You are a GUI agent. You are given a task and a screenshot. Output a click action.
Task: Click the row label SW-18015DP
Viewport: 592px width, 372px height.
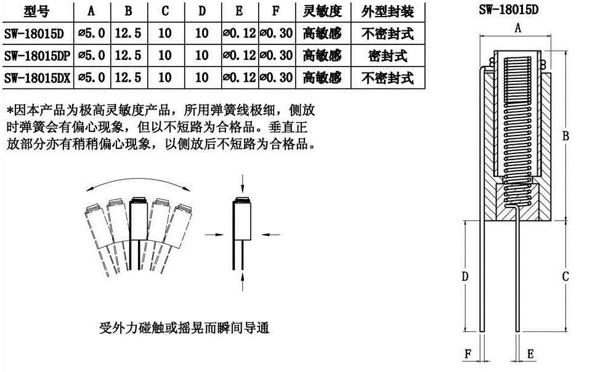38,56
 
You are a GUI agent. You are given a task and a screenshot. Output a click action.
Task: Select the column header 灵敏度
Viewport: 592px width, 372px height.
322,11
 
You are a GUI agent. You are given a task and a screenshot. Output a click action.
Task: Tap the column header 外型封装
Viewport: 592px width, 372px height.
387,11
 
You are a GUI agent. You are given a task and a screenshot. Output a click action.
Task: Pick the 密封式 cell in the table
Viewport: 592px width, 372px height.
387,56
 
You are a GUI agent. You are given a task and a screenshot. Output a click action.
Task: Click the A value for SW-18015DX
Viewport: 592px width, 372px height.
92,78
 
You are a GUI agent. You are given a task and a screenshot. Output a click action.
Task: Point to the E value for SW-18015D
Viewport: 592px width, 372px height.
240,33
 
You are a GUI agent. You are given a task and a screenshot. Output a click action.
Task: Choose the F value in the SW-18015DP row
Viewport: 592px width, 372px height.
277,55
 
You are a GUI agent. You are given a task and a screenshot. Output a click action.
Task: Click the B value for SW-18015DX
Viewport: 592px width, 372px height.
128,78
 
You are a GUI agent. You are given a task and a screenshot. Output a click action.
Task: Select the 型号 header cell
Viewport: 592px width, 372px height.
36,11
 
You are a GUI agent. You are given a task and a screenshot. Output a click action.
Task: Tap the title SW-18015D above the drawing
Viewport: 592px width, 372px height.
508,9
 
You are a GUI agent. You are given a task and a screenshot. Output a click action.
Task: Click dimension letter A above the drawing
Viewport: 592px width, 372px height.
518,28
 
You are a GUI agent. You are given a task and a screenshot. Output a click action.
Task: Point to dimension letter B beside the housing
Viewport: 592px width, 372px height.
565,136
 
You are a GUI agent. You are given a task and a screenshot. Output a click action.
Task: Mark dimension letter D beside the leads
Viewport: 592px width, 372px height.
464,277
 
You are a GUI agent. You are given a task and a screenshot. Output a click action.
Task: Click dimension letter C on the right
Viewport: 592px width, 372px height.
565,277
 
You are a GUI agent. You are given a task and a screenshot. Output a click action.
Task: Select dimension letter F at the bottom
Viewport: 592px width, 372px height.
468,354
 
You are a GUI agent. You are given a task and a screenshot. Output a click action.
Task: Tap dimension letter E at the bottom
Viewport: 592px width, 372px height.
530,354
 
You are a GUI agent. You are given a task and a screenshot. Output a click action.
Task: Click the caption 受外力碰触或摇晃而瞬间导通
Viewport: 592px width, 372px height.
184,328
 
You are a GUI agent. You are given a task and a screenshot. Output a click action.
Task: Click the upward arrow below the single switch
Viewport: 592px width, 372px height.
242,282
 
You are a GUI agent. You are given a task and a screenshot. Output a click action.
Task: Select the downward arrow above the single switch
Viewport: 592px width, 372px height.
242,184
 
